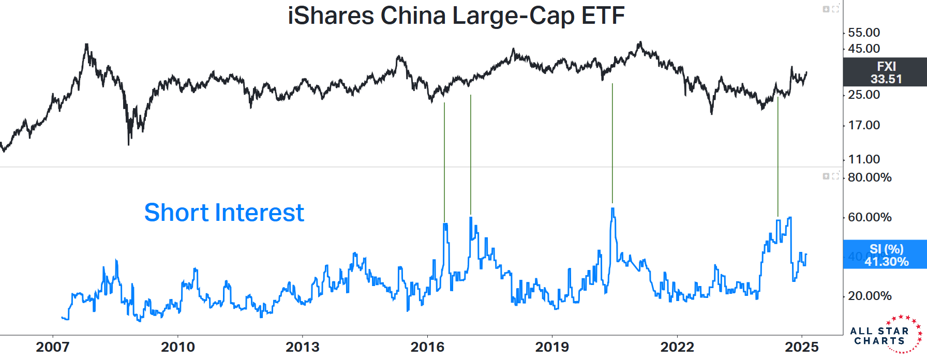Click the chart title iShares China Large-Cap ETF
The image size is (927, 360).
pyautogui.click(x=456, y=16)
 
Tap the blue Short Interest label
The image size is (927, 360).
pyautogui.click(x=224, y=213)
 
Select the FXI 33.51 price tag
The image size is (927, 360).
pyautogui.click(x=885, y=72)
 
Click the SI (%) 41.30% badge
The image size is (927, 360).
pyautogui.click(x=885, y=255)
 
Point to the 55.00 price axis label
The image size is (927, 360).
pyautogui.click(x=864, y=33)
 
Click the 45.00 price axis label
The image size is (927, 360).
pyautogui.click(x=864, y=49)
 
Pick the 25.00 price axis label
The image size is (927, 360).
pyautogui.click(x=864, y=95)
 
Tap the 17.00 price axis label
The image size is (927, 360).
pyautogui.click(x=864, y=125)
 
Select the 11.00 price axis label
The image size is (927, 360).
pyautogui.click(x=864, y=159)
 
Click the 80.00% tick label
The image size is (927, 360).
pyautogui.click(x=870, y=177)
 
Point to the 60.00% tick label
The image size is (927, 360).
pyautogui.click(x=870, y=217)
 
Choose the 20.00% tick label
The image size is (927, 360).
pyautogui.click(x=870, y=296)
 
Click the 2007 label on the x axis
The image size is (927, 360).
pyautogui.click(x=53, y=347)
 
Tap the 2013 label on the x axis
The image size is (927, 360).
pyautogui.click(x=303, y=347)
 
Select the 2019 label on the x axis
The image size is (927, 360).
pyautogui.click(x=552, y=347)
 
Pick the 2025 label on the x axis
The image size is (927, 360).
pyautogui.click(x=802, y=347)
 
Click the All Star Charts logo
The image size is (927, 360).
pyautogui.click(x=885, y=335)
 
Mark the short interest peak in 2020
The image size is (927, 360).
pyautogui.click(x=612, y=209)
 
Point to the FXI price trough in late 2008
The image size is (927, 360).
pyautogui.click(x=128, y=144)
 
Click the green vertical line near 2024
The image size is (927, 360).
pyautogui.click(x=778, y=155)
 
